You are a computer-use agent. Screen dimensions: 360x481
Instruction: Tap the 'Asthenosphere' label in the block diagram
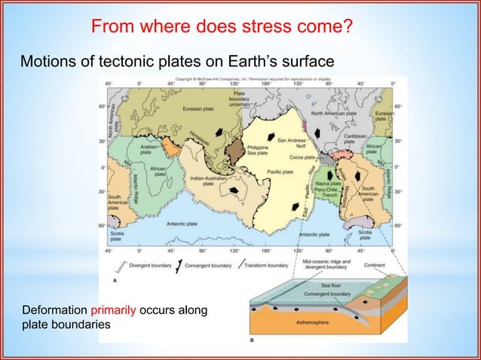[x=320, y=319]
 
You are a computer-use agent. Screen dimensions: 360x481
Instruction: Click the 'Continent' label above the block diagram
[x=375, y=265]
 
